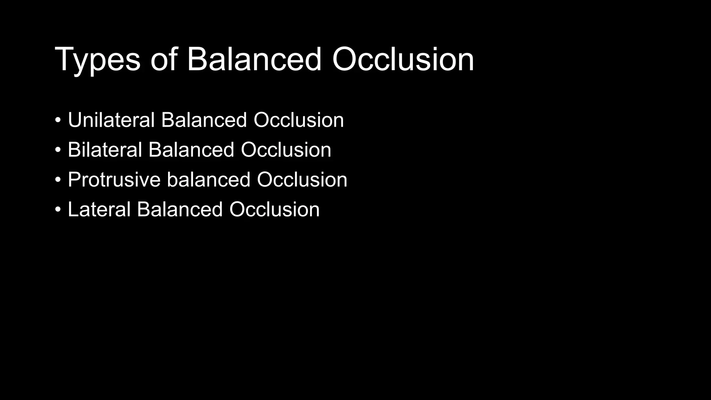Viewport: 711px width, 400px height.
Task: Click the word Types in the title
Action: [98, 60]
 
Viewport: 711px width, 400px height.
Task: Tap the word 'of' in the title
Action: [164, 59]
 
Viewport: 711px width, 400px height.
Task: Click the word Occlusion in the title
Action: [403, 59]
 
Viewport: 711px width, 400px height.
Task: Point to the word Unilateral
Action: [111, 120]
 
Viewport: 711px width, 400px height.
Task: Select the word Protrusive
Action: [114, 180]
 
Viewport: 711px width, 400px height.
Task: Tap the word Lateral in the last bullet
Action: [99, 210]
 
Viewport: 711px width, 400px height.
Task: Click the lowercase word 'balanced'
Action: [208, 180]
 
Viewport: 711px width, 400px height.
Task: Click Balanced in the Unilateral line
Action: [204, 120]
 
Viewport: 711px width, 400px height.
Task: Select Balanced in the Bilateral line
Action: [191, 150]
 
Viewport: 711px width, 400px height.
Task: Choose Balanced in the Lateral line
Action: [179, 210]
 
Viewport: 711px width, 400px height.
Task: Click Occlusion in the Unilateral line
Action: [299, 120]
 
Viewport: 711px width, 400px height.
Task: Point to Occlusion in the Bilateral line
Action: [286, 150]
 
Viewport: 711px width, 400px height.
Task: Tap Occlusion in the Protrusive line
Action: [302, 180]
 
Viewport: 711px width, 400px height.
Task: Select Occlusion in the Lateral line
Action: [274, 210]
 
